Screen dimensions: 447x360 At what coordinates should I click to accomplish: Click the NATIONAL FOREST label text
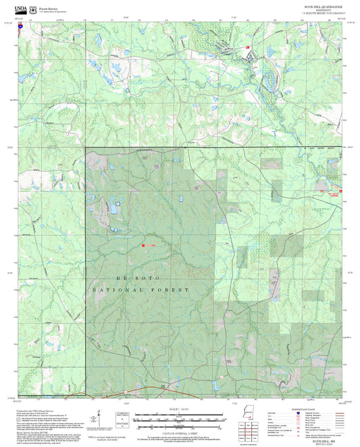pos(140,289)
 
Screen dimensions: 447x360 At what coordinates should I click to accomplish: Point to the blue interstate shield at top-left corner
pos(21,26)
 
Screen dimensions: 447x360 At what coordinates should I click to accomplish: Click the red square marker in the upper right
pos(248,47)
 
